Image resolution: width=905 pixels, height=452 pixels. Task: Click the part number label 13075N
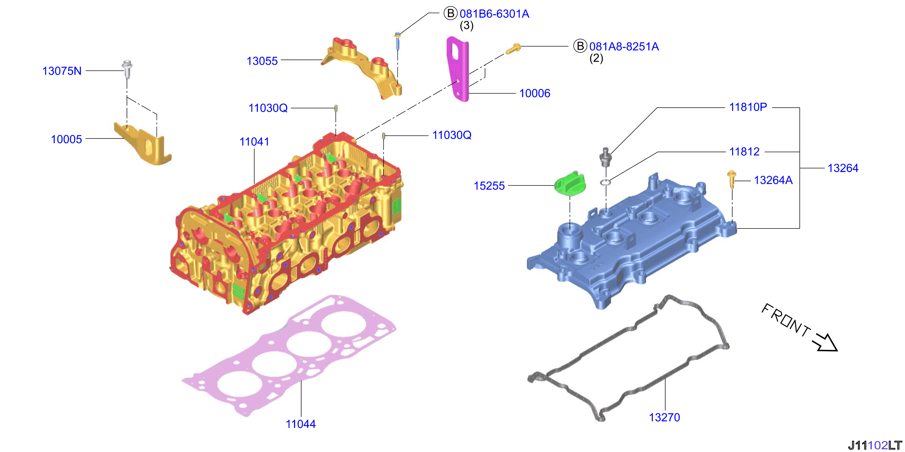pos(62,71)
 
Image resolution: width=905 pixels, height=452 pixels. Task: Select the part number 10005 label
pos(66,139)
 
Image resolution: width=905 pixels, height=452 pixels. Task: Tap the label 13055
pos(262,61)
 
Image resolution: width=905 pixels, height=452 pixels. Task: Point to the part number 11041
pos(254,142)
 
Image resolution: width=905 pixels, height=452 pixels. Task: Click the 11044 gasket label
pos(301,424)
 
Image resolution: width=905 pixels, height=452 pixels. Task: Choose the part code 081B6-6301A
pos(494,14)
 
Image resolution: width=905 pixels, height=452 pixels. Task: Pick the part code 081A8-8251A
pos(624,46)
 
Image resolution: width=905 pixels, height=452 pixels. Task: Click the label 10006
pos(535,93)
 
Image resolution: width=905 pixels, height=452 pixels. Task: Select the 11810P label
pos(748,107)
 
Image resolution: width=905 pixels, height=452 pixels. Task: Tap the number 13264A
pos(773,180)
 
